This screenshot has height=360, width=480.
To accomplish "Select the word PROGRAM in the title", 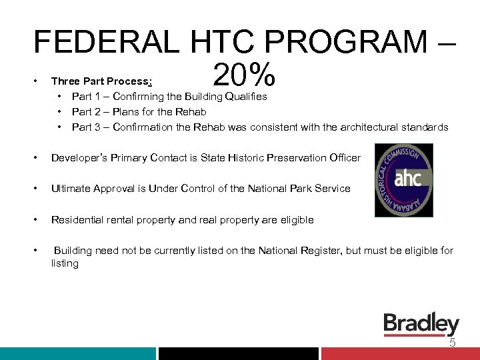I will coord(357,43).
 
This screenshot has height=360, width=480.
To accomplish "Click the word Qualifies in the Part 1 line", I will coord(246,96).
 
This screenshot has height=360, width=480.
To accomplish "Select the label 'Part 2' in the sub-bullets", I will coord(87,111).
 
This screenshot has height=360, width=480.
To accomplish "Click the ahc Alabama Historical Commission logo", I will coord(403,180).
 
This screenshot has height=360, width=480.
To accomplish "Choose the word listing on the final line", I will coord(65,263).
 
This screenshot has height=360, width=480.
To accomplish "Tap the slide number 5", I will coord(452,343).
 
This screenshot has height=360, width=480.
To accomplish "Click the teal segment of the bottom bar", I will coord(77,353).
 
